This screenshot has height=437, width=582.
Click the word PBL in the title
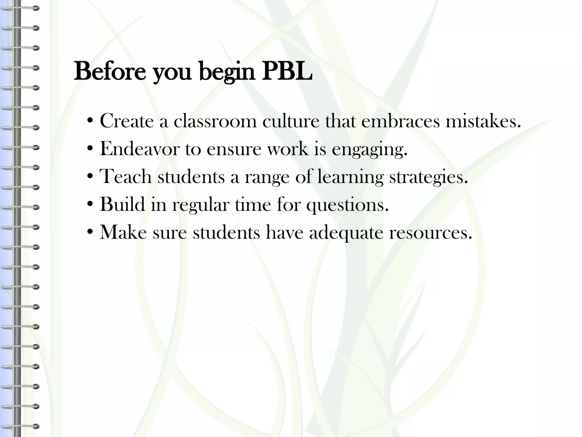tap(287, 71)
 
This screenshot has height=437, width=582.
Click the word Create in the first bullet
tap(126, 121)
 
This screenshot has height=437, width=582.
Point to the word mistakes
tap(483, 121)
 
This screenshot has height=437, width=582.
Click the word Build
tap(122, 204)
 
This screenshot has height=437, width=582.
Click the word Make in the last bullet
tap(123, 232)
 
